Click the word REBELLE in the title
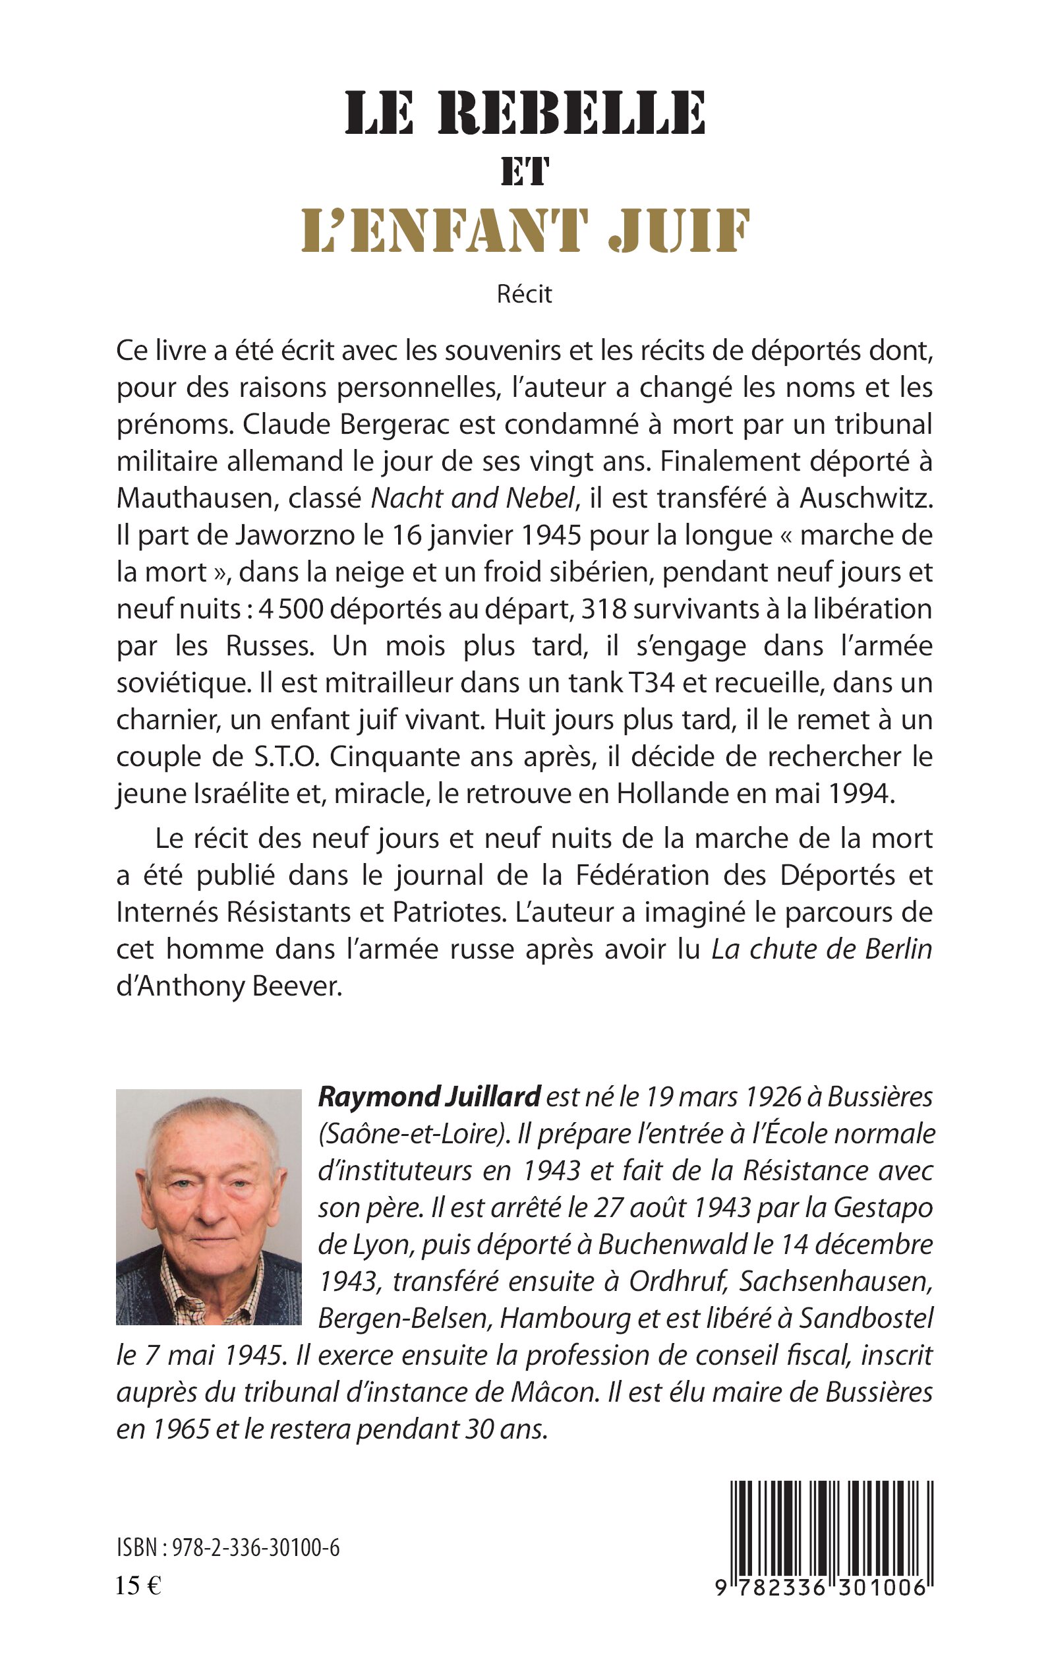click(x=571, y=113)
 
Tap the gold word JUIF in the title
click(x=678, y=231)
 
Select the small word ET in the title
click(x=525, y=171)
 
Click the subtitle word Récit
click(x=524, y=294)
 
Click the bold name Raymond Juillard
click(x=428, y=1097)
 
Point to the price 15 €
click(x=138, y=1586)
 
